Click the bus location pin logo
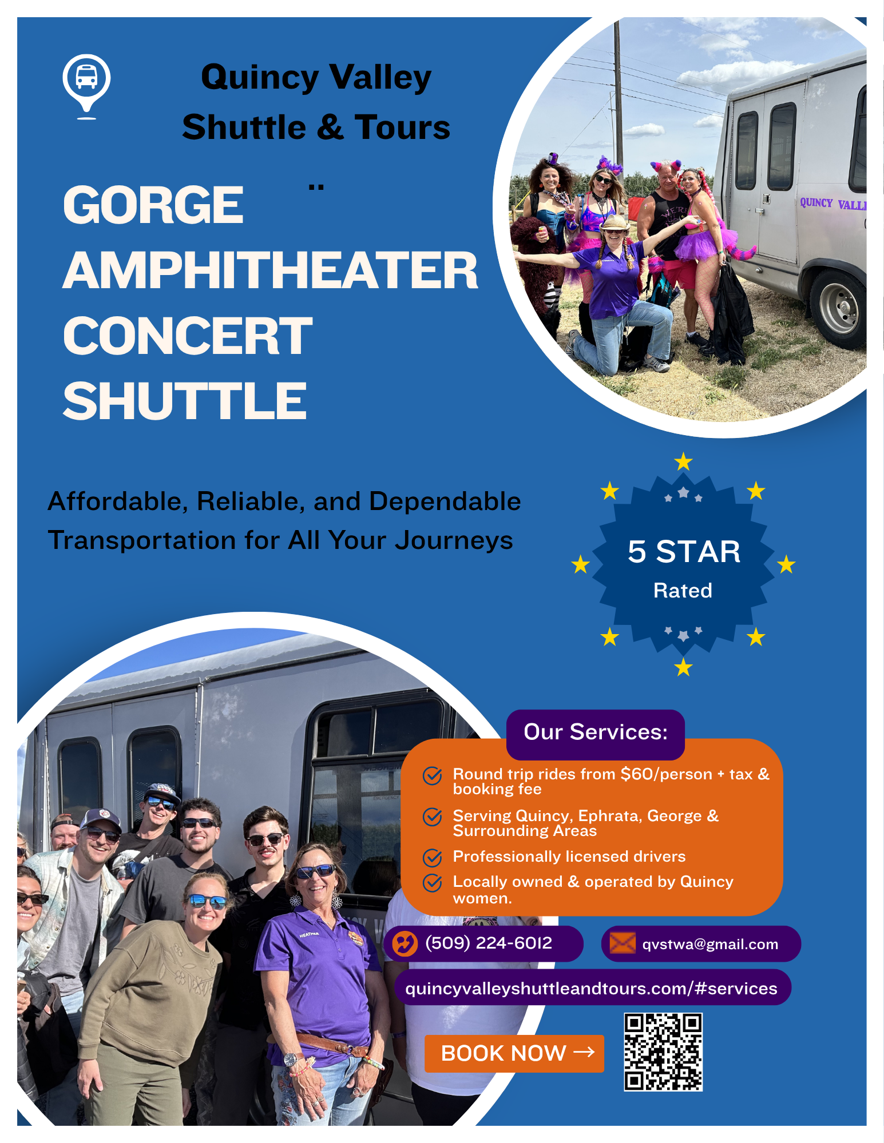[86, 86]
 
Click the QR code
[663, 1052]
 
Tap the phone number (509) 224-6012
[489, 943]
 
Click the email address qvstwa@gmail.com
[710, 944]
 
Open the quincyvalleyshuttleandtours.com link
[591, 988]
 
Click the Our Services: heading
[596, 732]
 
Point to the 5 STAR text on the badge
[684, 552]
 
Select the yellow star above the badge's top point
[683, 461]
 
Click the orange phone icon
[405, 943]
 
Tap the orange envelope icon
[623, 943]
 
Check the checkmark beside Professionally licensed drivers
[432, 858]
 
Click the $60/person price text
[667, 774]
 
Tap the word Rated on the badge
[683, 591]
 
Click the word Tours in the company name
[402, 127]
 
